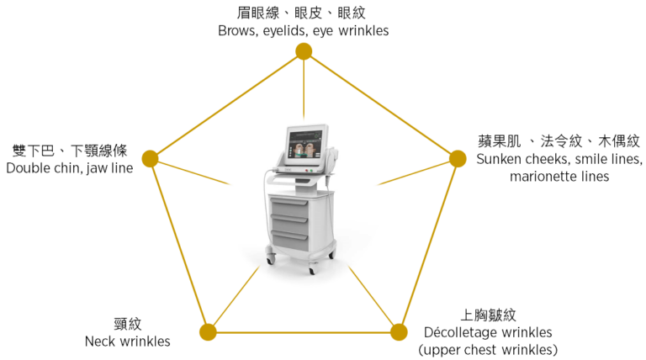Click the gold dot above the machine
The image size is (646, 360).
pos(304,51)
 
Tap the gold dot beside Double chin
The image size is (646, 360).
pos(150,159)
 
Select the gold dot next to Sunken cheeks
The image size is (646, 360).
pos(458,159)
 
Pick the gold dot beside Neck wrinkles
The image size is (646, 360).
pos(208,332)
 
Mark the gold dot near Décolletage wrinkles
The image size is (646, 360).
pos(399,332)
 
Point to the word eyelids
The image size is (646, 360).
pos(286,31)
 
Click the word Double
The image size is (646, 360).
pos(27,168)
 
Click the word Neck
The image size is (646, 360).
pos(98,341)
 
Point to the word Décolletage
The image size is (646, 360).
pos(462,332)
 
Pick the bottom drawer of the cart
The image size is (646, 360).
pos(289,241)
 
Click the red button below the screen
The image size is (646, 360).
pos(306,170)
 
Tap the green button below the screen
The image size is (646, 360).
pos(311,170)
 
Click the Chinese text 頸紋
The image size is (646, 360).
pos(128,324)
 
